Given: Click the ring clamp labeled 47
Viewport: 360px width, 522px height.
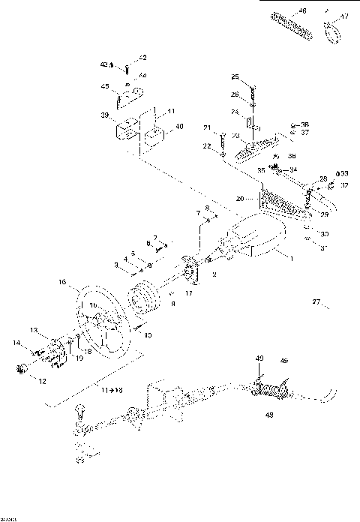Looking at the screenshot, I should (330, 28).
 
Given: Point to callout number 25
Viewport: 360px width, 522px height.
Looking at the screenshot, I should (235, 76).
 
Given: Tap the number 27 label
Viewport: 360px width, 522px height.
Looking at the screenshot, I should (316, 302).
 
